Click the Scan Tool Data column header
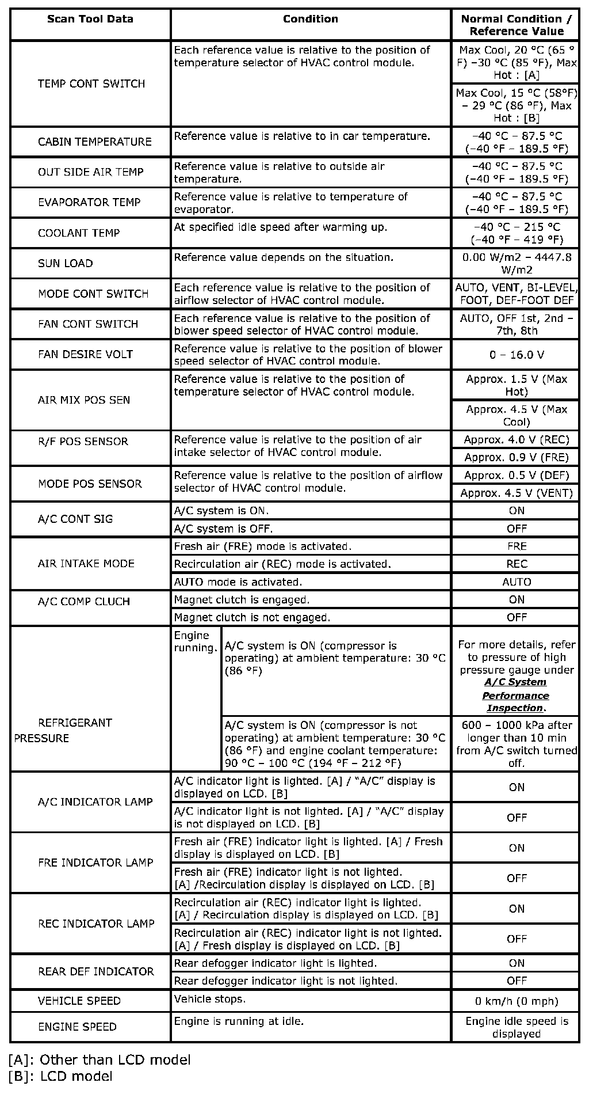[x=90, y=19]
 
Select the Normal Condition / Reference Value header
[x=516, y=25]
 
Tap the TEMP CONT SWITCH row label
[x=91, y=84]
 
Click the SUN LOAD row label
[x=65, y=264]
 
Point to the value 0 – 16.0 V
[x=516, y=355]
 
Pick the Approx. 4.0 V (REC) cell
[x=516, y=440]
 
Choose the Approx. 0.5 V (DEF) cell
[x=516, y=476]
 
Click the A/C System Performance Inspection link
[x=515, y=696]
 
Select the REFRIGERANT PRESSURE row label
[x=63, y=730]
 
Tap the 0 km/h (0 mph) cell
[x=516, y=1001]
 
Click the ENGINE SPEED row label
[x=77, y=1027]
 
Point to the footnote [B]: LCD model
[x=61, y=1077]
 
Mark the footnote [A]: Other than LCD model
[x=100, y=1060]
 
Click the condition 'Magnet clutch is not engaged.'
[x=252, y=618]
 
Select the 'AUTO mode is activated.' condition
[x=238, y=582]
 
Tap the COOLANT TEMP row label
[x=79, y=233]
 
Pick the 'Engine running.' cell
[x=196, y=642]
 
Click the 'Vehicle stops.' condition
[x=209, y=999]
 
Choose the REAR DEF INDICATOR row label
[x=95, y=972]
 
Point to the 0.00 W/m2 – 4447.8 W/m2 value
[x=516, y=264]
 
